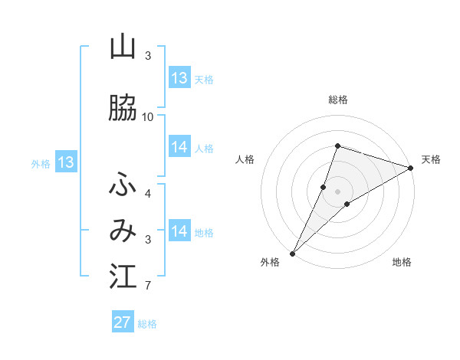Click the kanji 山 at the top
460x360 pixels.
[x=123, y=47]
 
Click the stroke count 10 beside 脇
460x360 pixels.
[x=148, y=116]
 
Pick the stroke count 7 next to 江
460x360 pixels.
[x=148, y=286]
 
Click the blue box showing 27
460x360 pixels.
[x=123, y=322]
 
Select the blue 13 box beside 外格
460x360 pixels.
[x=65, y=162]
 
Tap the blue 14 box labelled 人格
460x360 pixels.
[x=179, y=147]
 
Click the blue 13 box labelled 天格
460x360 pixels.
[x=179, y=78]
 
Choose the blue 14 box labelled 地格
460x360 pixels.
[x=179, y=231]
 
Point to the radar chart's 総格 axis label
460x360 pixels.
[x=338, y=100]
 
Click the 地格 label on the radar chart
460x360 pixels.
[x=402, y=262]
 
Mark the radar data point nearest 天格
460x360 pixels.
[x=411, y=168]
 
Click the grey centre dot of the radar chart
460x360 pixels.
[x=338, y=191]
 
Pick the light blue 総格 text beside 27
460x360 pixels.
[x=147, y=324]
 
